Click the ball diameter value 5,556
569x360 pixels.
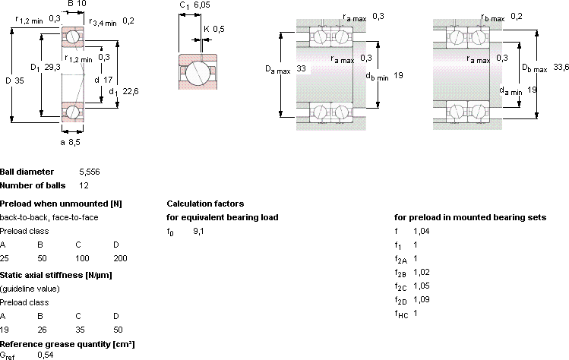point(90,172)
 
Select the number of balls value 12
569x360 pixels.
point(84,185)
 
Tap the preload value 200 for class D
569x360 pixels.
point(120,258)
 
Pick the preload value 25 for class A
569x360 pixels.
point(5,258)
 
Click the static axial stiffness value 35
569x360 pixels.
point(80,330)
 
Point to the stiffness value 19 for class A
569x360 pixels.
point(5,330)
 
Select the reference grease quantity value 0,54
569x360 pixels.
point(46,355)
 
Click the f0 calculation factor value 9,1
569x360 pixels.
point(198,231)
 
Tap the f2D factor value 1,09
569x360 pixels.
point(422,299)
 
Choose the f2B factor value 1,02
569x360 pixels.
point(422,272)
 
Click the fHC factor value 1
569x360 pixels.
point(416,313)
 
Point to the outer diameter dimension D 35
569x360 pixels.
point(15,81)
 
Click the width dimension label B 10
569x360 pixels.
point(77,4)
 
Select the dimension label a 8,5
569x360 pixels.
point(70,142)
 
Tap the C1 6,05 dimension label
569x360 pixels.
point(195,5)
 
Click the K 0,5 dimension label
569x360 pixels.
point(214,29)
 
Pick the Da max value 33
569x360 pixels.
point(301,68)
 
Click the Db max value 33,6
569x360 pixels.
point(561,67)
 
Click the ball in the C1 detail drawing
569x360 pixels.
point(198,71)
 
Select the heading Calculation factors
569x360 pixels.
point(205,204)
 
